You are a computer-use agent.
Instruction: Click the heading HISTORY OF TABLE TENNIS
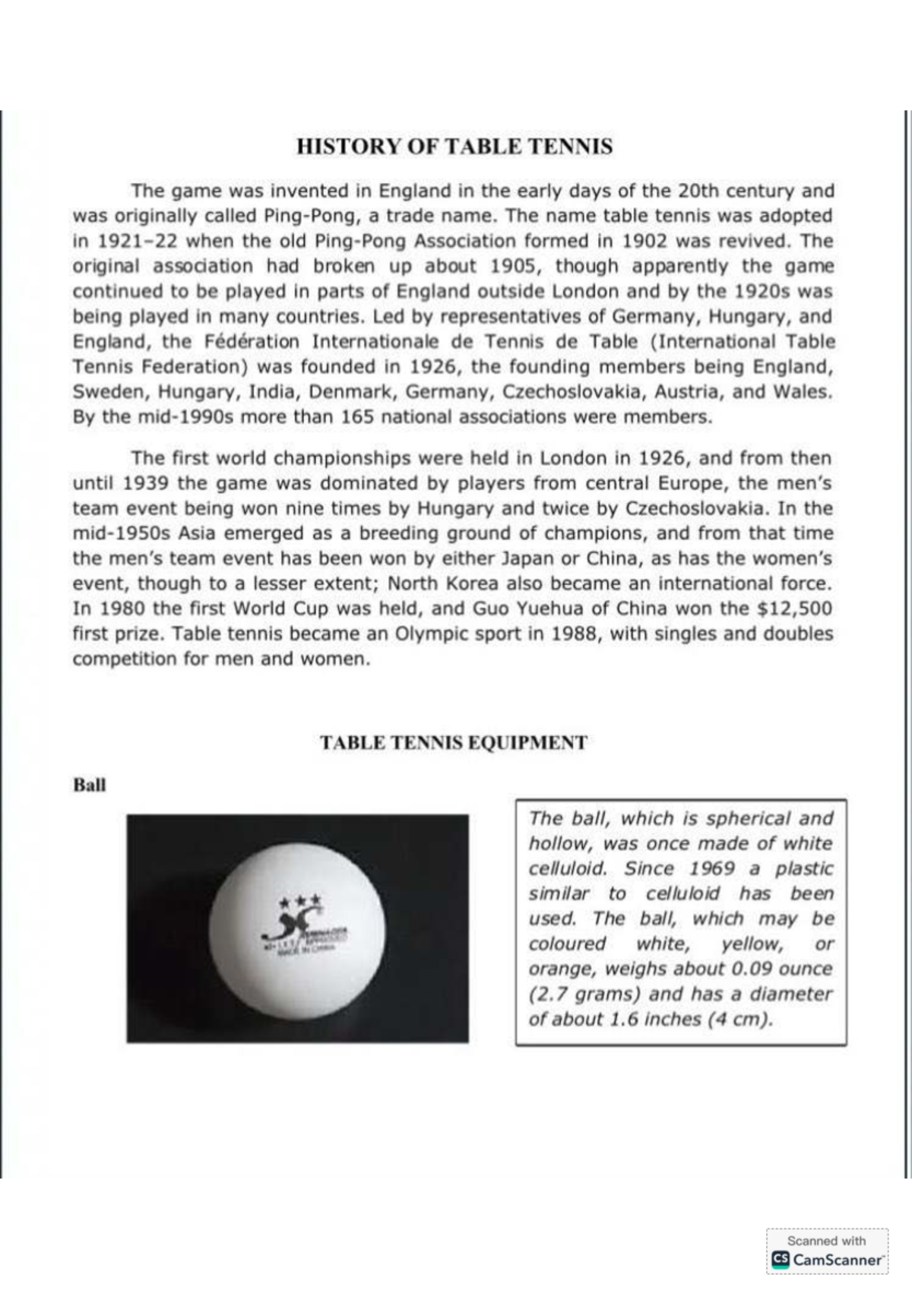[x=454, y=147]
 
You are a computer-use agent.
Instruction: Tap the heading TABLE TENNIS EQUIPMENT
[x=453, y=743]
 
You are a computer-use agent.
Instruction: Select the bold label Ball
[x=89, y=786]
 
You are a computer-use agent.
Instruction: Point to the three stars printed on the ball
[x=301, y=903]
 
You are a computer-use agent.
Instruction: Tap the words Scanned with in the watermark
[x=826, y=1241]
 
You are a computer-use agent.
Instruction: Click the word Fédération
[x=252, y=342]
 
